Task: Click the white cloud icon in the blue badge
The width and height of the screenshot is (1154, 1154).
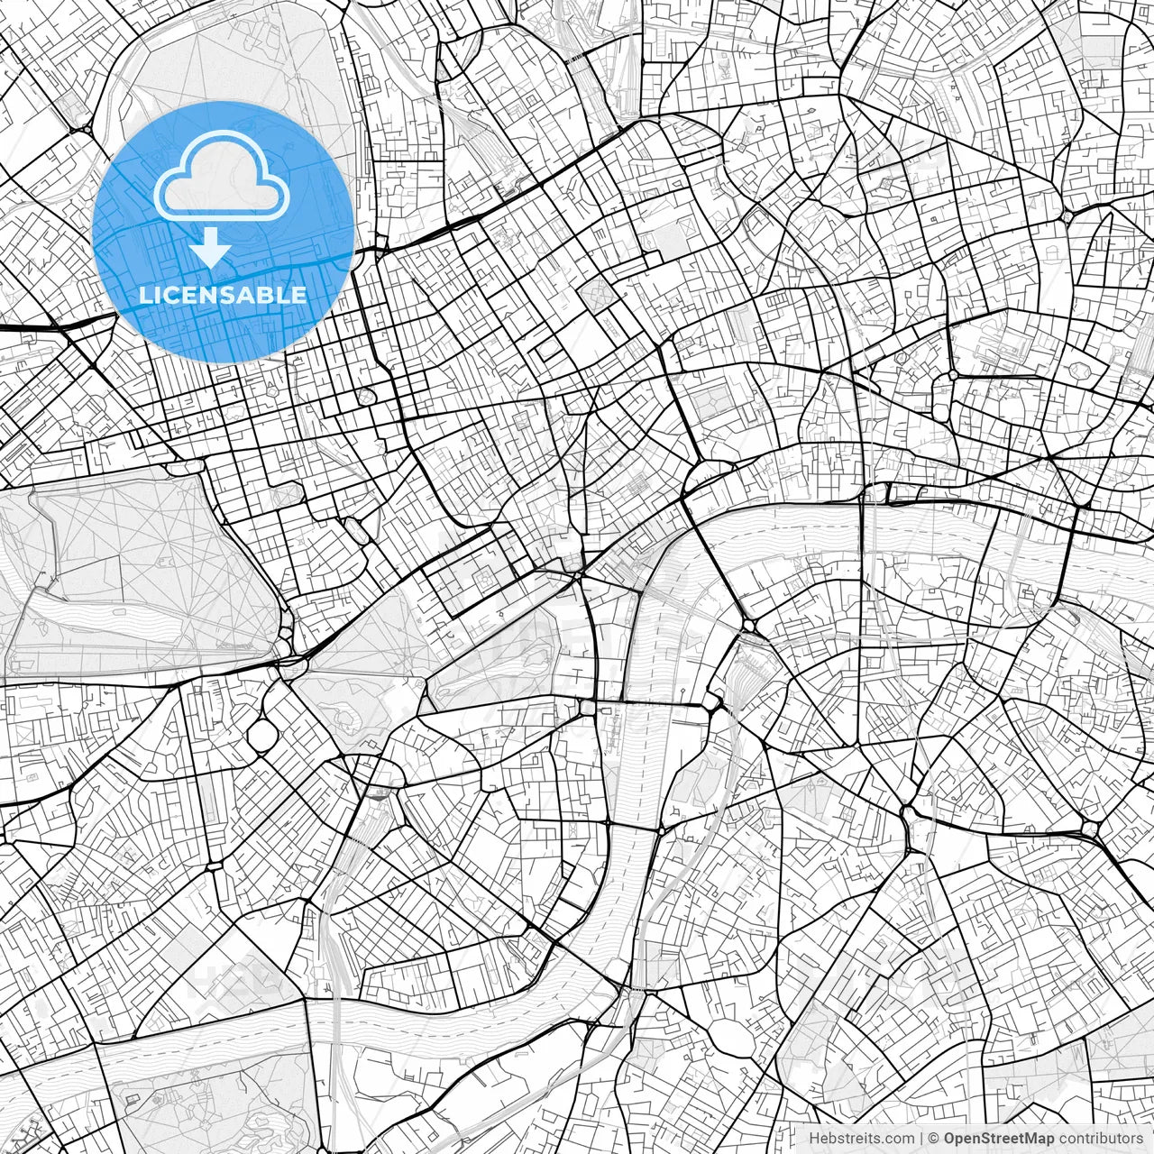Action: (223, 176)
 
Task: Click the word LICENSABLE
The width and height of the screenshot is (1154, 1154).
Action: (223, 295)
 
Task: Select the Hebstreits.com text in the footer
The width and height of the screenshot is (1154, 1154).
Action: (861, 1138)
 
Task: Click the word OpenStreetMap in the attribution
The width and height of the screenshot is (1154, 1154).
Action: (998, 1138)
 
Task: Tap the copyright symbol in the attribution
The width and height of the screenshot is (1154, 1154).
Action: (934, 1138)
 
